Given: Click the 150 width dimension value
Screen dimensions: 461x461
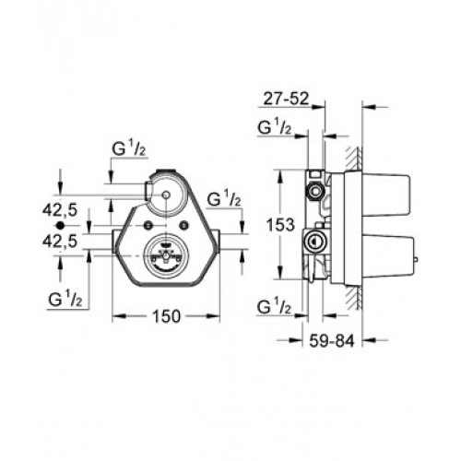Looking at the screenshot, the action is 166,316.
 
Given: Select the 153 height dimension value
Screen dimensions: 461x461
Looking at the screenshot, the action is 280,225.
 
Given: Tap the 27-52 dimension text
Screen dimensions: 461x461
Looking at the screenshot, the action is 286,99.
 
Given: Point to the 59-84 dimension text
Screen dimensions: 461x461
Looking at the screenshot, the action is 332,341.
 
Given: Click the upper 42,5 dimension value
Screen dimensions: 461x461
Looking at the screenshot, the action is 60,210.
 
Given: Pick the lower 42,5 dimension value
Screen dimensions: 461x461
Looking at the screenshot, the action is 60,242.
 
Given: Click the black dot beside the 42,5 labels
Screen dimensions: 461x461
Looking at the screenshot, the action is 60,225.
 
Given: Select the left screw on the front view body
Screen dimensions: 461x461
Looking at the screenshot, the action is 149,225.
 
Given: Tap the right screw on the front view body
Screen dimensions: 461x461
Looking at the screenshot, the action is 184,225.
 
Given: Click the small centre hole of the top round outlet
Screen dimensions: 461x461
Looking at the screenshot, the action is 166,195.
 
